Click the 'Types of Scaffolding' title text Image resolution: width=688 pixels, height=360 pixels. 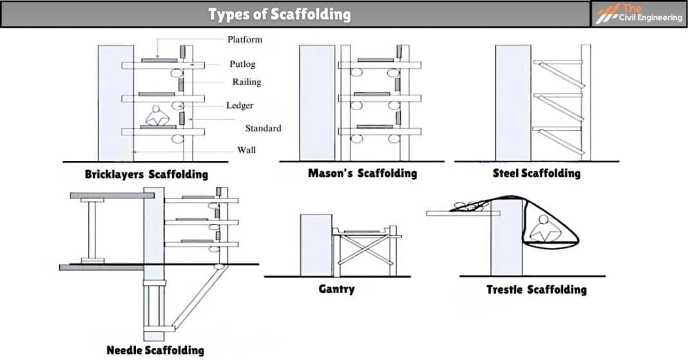click(279, 14)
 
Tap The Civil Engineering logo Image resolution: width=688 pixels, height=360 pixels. click(639, 14)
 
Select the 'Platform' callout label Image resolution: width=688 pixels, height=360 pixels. click(245, 39)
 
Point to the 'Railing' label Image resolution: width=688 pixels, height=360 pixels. click(247, 82)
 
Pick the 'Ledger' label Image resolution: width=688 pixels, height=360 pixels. click(240, 106)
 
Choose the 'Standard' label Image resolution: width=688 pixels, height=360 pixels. click(263, 128)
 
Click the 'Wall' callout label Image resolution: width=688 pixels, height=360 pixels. click(246, 150)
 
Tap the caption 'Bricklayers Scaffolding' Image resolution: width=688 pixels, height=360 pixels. click(146, 174)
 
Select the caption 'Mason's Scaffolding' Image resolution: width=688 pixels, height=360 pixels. click(362, 173)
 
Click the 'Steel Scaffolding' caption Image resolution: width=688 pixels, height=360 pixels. click(536, 173)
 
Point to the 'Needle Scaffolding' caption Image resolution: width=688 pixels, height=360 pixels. click(155, 350)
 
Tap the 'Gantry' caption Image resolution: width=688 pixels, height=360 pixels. click(336, 289)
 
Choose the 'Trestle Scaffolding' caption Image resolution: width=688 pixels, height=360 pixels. click(536, 289)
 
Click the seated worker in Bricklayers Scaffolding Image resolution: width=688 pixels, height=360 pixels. click(157, 116)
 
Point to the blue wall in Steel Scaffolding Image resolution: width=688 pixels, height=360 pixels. click(513, 103)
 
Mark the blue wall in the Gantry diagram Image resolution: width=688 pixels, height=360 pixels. click(316, 245)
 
